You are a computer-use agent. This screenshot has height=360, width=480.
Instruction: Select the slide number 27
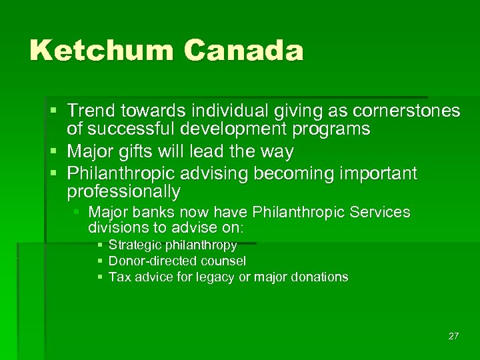point(453,336)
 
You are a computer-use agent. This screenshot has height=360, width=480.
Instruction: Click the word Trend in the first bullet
point(91,111)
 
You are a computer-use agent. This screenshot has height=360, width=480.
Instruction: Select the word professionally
point(123,193)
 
